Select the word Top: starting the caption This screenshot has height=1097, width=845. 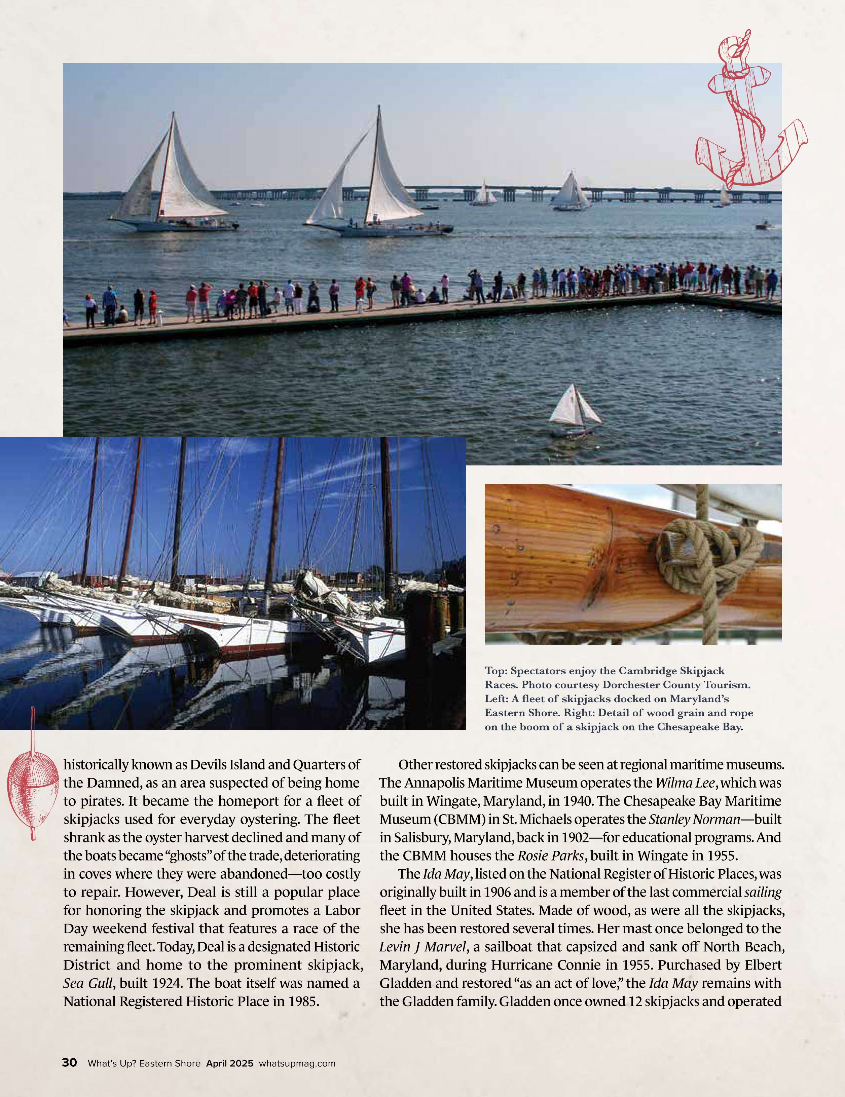pos(495,671)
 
